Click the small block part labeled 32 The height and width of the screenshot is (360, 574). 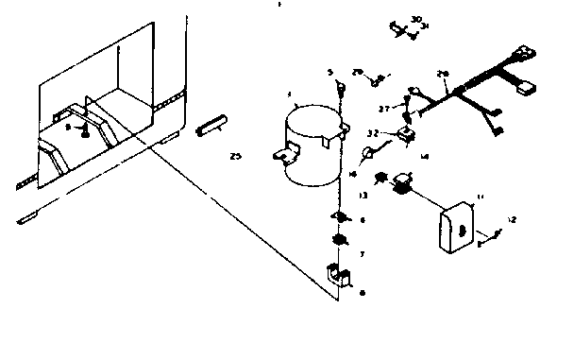(407, 135)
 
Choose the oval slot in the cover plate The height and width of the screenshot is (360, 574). (462, 227)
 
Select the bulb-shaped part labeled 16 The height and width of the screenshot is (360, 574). (371, 155)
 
